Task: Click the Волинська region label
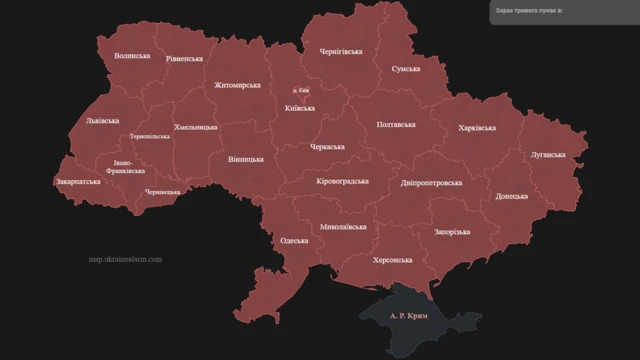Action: [x=132, y=56]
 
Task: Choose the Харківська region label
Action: [x=476, y=128]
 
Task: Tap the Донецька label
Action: [x=512, y=197]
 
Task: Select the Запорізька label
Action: [x=452, y=231]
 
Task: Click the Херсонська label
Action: [x=392, y=260]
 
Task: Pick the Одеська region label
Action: [x=294, y=241]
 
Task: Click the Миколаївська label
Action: [x=343, y=227]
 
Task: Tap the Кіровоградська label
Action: [x=342, y=182]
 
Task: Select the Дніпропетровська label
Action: [x=431, y=184]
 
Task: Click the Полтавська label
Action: [x=396, y=125]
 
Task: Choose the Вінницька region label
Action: [x=246, y=159]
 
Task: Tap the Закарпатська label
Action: [x=78, y=183]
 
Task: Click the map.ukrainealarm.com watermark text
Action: [x=124, y=260]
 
